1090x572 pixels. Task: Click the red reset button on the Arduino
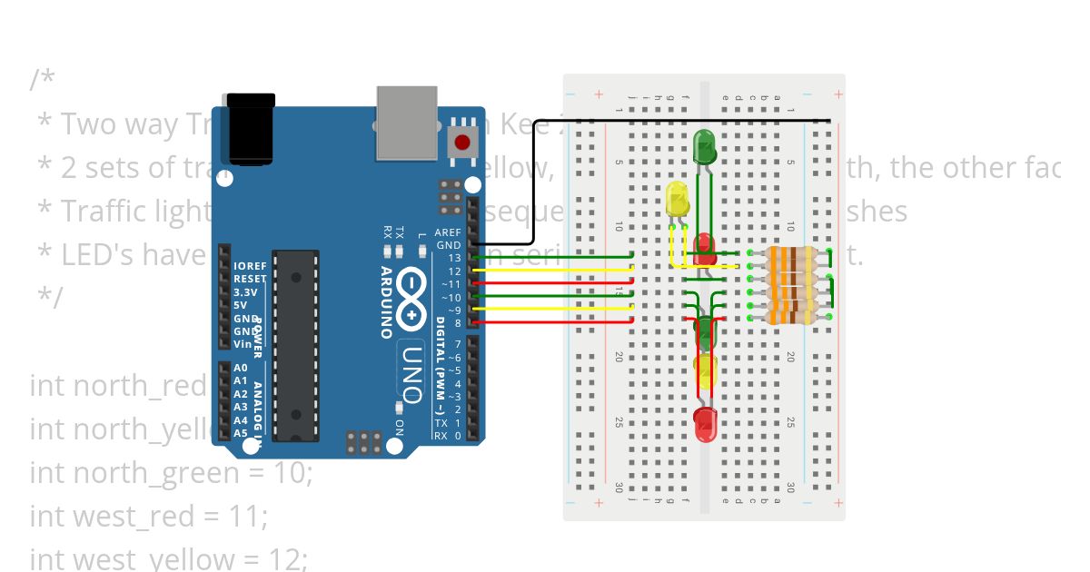(x=463, y=142)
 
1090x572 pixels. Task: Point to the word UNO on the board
(x=411, y=375)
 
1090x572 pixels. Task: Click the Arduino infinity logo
(x=411, y=301)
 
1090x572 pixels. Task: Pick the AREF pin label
(x=448, y=232)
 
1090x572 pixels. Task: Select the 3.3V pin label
(x=245, y=292)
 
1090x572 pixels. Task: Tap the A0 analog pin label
(x=241, y=368)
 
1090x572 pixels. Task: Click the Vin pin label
(x=242, y=344)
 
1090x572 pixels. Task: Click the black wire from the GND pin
(x=534, y=182)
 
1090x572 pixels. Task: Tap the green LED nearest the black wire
(x=705, y=146)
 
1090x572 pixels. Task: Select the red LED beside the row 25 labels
(x=705, y=422)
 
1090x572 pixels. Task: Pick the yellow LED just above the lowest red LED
(x=705, y=370)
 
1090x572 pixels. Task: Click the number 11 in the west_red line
(x=252, y=516)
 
